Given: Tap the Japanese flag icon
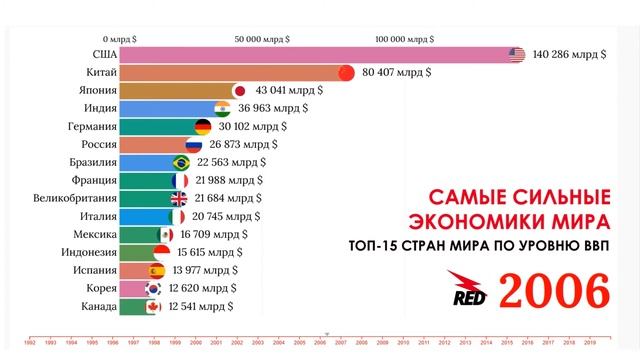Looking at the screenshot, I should (239, 91).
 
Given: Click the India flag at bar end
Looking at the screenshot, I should (223, 109).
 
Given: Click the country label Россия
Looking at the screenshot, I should (93, 145).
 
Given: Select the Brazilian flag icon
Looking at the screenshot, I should (181, 163).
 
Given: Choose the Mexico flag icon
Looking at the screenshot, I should (166, 234).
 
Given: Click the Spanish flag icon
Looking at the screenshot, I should (157, 270).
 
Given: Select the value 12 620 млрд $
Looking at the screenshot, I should (207, 288).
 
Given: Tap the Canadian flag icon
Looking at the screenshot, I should (154, 306).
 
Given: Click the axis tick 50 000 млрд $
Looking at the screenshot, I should (263, 39).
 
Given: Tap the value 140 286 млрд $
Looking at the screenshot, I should (569, 55).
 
